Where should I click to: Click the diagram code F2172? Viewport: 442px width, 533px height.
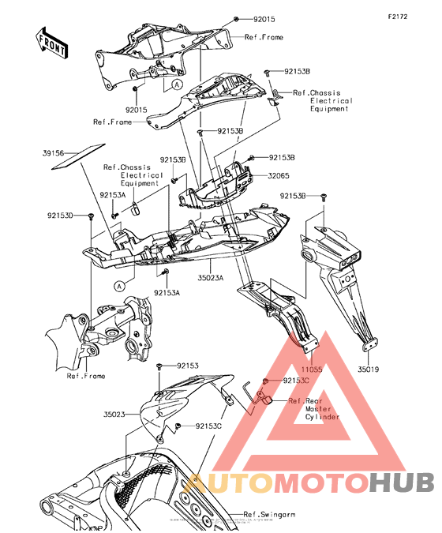pyautogui.click(x=398, y=17)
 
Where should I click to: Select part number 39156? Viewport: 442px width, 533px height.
pyautogui.click(x=53, y=153)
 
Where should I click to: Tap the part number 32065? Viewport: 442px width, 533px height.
pyautogui.click(x=279, y=176)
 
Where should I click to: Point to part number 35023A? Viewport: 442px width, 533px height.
pyautogui.click(x=211, y=278)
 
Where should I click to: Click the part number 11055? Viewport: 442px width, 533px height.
pyautogui.click(x=311, y=370)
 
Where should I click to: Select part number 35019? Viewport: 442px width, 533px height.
pyautogui.click(x=368, y=370)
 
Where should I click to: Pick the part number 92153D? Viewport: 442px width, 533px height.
pyautogui.click(x=60, y=216)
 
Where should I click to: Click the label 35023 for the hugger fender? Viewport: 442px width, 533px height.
pyautogui.click(x=114, y=414)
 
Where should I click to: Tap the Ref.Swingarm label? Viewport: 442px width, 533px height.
pyautogui.click(x=269, y=515)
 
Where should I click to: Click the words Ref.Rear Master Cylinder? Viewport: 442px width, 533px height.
pyautogui.click(x=313, y=409)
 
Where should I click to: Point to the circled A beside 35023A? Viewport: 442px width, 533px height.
pyautogui.click(x=119, y=286)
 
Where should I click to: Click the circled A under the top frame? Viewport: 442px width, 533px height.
pyautogui.click(x=177, y=84)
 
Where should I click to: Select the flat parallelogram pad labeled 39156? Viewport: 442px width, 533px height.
pyautogui.click(x=78, y=156)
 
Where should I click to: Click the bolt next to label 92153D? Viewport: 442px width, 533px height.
pyautogui.click(x=91, y=216)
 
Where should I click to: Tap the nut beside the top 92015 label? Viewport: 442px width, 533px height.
pyautogui.click(x=235, y=19)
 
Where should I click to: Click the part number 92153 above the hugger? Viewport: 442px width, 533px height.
pyautogui.click(x=188, y=366)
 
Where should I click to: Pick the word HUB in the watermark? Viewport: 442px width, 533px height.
pyautogui.click(x=402, y=482)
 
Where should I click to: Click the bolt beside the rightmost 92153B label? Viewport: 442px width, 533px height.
pyautogui.click(x=323, y=197)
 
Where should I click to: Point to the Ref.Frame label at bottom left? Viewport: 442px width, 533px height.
pyautogui.click(x=86, y=376)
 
